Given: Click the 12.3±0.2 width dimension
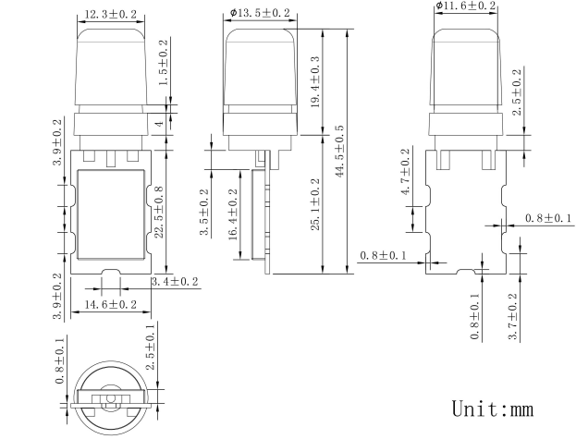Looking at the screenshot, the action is point(111,14).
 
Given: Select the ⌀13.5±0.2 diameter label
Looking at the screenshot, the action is point(260,13).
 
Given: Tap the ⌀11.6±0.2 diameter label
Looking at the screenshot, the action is point(466,6).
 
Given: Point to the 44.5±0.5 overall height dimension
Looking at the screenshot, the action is point(339,151).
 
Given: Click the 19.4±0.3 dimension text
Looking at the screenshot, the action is point(315,81).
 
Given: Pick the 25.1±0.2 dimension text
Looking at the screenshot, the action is point(315,204).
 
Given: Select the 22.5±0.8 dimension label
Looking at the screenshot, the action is point(159,213).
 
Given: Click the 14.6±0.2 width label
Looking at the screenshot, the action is point(111,304).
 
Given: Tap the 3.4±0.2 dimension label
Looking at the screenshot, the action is point(175,282).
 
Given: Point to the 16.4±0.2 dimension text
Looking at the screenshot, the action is point(233,214).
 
